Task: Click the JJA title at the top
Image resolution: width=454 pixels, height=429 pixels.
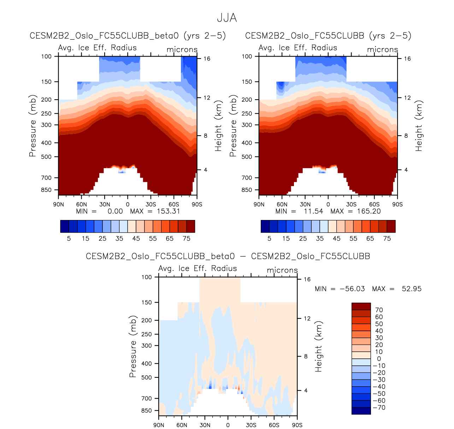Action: coord(227,18)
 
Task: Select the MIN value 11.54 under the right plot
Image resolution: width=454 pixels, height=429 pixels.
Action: coord(314,211)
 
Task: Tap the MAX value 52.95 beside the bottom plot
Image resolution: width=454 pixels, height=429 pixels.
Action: coord(412,289)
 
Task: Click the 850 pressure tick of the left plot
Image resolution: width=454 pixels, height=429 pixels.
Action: coord(46,190)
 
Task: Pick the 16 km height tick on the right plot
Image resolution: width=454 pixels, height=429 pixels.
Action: coord(407,59)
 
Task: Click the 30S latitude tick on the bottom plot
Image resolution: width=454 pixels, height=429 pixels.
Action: coord(251,425)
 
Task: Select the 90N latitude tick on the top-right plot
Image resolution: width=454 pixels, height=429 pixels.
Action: coord(259,204)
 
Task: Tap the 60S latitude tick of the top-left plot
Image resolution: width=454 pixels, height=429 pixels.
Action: coord(174,204)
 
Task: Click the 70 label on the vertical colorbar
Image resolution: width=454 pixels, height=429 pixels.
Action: coord(379,310)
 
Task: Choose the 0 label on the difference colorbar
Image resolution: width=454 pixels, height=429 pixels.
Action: coord(379,359)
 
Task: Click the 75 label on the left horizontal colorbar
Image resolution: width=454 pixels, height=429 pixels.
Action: coord(187,238)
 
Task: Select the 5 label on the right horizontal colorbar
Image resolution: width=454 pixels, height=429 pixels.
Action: coord(269,238)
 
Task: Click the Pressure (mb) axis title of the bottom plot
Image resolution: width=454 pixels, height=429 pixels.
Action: coord(133,346)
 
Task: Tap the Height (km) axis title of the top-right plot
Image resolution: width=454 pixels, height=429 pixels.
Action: coord(419,126)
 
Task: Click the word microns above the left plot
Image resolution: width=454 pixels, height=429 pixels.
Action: coord(182,49)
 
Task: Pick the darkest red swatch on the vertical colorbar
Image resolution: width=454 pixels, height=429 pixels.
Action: coord(361,306)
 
